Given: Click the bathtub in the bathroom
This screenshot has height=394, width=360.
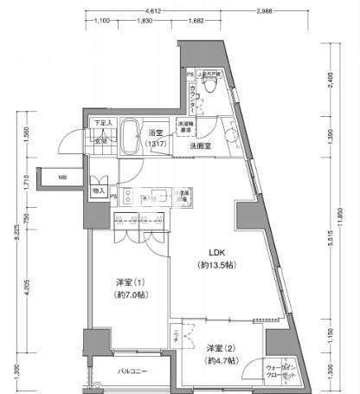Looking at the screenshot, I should click(130, 137).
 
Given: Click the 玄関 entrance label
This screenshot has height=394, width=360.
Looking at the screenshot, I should click(100, 141).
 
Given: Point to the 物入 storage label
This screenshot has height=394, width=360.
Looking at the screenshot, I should click(99, 190).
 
